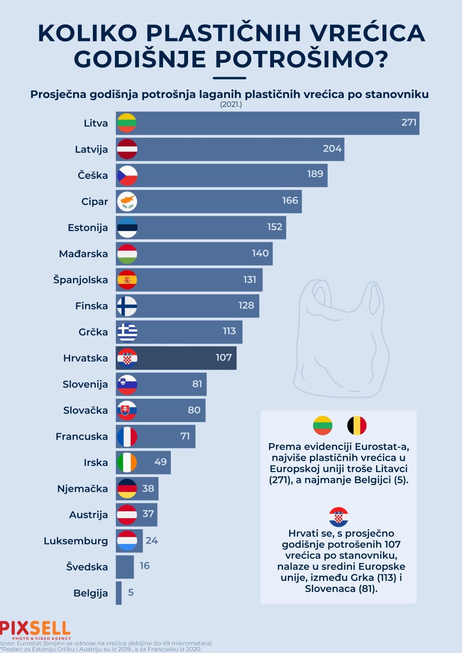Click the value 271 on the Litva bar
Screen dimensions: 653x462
pos(409,122)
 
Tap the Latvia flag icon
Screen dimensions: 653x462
pos(127,149)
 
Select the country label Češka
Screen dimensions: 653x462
pos(93,175)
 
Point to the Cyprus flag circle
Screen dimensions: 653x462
pos(127,201)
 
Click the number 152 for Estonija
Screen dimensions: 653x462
pos(274,227)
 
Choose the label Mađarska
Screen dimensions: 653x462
pos(83,254)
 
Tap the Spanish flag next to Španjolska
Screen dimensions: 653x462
pos(127,280)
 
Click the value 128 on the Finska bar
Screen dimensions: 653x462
pos(246,305)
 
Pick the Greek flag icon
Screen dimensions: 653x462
pos(127,332)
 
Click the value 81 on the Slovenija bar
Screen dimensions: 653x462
pos(197,384)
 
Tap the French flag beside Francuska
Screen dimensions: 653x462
pos(127,436)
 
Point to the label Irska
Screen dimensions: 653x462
pos(96,463)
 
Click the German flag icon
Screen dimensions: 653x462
pos(127,489)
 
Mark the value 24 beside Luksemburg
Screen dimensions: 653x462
pos(152,540)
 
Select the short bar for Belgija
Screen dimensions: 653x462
pos(119,593)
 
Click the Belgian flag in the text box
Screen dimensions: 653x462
pos(357,425)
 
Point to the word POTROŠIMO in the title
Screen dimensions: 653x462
pos(301,59)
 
